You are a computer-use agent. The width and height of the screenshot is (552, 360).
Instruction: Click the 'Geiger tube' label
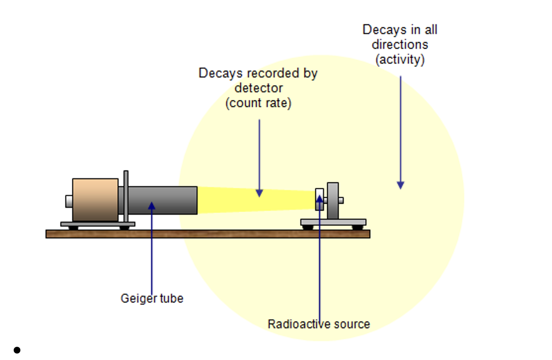click(152, 299)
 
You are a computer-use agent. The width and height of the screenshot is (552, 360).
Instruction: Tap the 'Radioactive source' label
click(319, 324)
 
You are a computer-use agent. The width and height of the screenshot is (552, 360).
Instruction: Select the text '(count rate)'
click(258, 104)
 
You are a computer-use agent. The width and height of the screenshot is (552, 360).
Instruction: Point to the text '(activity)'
click(400, 60)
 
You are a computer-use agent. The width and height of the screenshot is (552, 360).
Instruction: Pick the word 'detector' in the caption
click(259, 88)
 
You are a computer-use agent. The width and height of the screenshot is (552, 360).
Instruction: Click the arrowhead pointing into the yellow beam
click(259, 193)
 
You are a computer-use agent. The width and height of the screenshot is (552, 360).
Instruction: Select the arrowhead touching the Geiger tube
click(152, 206)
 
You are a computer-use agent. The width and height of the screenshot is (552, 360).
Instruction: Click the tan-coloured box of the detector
click(95, 200)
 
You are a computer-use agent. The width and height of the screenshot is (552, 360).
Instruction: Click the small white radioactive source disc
click(319, 199)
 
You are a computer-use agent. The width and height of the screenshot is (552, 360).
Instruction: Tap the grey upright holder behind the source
click(333, 201)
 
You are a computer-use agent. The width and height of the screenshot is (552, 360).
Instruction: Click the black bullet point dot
click(17, 350)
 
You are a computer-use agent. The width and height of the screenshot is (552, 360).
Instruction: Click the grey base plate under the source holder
click(333, 222)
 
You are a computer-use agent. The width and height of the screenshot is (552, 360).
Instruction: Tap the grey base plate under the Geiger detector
click(98, 224)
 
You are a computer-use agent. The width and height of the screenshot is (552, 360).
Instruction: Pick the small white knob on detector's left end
click(69, 201)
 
